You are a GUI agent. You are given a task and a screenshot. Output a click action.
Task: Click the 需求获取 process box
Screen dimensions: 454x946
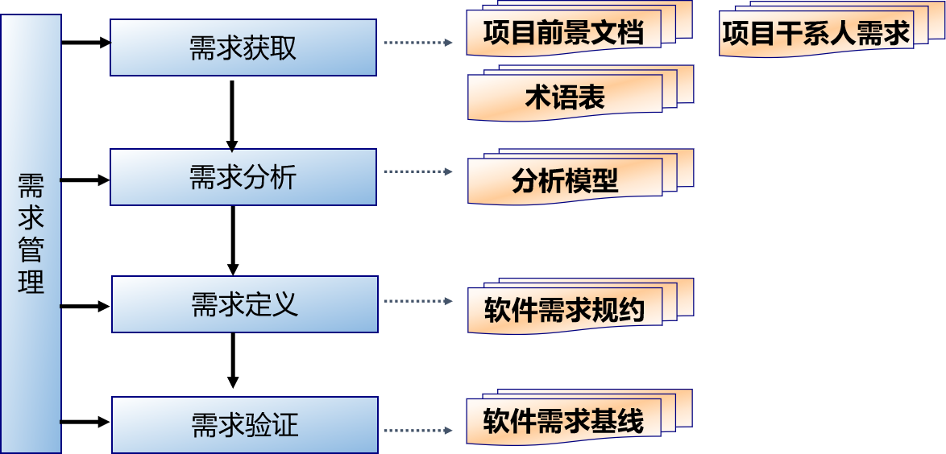click(x=243, y=47)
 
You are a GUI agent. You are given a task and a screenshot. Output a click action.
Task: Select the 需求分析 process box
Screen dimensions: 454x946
click(x=243, y=177)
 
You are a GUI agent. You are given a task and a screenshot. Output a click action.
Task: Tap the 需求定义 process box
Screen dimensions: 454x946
click(x=244, y=304)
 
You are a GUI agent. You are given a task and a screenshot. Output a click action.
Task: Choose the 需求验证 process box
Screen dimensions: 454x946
click(x=244, y=424)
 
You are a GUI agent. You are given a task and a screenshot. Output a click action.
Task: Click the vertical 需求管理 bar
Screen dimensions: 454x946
click(x=31, y=233)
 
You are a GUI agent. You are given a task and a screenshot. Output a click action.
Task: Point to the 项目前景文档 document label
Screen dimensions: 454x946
click(x=563, y=34)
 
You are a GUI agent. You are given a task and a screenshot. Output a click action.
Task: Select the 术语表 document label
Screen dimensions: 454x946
click(x=564, y=98)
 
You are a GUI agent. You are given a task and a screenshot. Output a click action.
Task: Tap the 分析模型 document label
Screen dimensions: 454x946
click(x=564, y=181)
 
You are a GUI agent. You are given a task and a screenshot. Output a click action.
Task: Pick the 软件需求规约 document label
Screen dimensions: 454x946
click(x=564, y=310)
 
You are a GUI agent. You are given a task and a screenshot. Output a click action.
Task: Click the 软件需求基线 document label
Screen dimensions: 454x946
click(x=563, y=421)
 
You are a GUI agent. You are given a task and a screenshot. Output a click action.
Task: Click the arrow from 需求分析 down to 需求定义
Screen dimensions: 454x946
click(x=233, y=240)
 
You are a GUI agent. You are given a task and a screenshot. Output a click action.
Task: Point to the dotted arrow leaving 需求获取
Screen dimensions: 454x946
click(x=417, y=43)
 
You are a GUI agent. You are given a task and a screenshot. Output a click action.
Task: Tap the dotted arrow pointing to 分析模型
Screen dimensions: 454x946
click(x=417, y=171)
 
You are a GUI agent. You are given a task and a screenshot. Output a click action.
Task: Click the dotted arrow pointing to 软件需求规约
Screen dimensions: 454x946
click(x=417, y=301)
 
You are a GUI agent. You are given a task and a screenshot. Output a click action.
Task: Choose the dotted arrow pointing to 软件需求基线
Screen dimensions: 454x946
click(x=417, y=430)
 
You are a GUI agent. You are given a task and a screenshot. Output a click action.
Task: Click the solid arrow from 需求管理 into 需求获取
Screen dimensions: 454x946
click(x=85, y=43)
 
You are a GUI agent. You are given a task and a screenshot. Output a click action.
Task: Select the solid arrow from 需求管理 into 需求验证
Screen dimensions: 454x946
click(x=85, y=422)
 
